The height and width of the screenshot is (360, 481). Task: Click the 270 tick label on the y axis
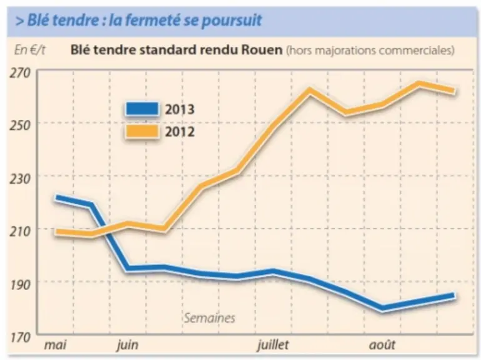(x=20, y=73)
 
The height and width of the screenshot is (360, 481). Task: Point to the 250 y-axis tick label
(x=20, y=125)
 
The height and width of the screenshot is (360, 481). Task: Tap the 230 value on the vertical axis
(x=20, y=178)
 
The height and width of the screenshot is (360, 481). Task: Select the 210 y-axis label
(x=20, y=231)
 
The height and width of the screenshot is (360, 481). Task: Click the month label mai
(x=55, y=345)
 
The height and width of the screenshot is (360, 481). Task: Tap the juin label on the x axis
(x=127, y=346)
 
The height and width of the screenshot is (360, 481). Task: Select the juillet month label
(x=273, y=345)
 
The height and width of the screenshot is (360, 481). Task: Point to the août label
(x=382, y=344)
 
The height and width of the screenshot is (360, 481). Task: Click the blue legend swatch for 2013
(x=142, y=109)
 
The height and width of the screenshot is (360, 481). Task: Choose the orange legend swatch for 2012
(x=142, y=132)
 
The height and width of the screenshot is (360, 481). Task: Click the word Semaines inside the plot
(x=209, y=318)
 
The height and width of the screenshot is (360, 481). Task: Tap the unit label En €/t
(x=30, y=50)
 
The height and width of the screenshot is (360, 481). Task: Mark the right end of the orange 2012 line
(x=454, y=91)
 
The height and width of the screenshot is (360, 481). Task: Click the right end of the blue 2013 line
(x=454, y=296)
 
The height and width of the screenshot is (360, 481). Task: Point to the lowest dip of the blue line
(x=382, y=308)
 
